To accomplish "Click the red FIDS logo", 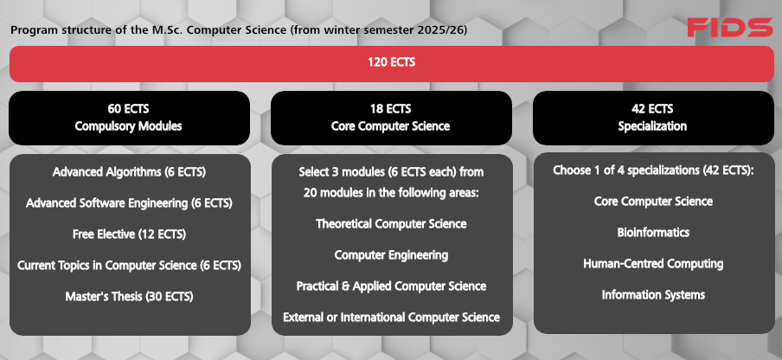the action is [x=729, y=28].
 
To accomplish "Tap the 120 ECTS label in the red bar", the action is [x=392, y=62].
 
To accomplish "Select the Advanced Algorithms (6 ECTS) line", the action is [x=129, y=172].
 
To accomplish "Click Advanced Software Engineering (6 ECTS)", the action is [x=129, y=203].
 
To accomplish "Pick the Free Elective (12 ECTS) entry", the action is [x=129, y=235].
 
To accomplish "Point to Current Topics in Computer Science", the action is [x=107, y=266].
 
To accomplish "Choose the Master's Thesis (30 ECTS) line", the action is [x=129, y=297].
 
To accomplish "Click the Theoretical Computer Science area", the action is [x=392, y=224].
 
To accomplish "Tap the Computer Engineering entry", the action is [x=392, y=254].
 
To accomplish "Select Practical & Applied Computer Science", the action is [x=392, y=286].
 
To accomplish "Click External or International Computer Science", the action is [x=392, y=317].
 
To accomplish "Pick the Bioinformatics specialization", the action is [x=653, y=232].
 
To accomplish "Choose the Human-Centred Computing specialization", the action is [x=653, y=263].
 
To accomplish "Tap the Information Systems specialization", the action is [x=653, y=295].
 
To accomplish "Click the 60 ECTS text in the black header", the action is [x=129, y=109].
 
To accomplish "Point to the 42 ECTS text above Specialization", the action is [x=652, y=109].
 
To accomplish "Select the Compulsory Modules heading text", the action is [x=129, y=126].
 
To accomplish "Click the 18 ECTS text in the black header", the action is [x=391, y=109].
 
